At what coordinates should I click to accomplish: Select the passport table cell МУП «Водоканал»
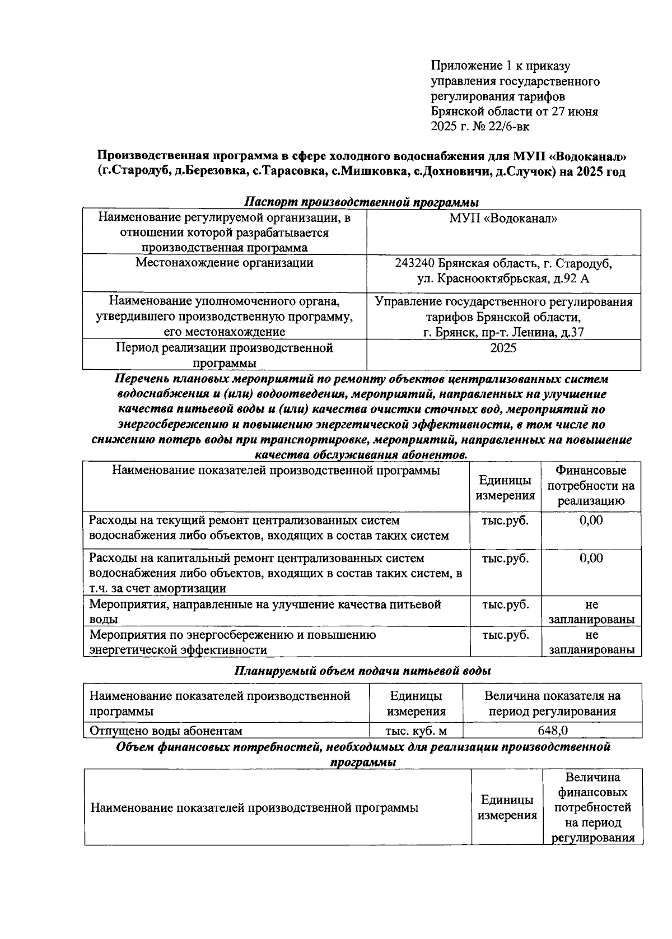click(x=503, y=219)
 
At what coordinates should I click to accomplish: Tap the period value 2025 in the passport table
click(x=503, y=348)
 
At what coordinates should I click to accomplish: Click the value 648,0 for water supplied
click(x=552, y=731)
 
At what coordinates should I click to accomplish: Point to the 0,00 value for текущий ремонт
click(x=591, y=520)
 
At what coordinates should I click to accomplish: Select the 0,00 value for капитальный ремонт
click(x=591, y=559)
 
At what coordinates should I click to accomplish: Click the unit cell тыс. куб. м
click(x=416, y=731)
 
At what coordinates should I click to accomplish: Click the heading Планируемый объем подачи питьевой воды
click(x=362, y=671)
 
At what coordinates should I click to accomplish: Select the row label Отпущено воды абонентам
click(x=166, y=731)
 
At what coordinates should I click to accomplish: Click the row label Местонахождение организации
click(x=224, y=263)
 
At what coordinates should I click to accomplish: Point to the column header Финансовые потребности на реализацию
click(x=591, y=486)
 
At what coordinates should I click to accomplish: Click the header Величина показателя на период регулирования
click(x=552, y=704)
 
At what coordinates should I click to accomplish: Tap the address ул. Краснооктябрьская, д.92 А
click(x=503, y=278)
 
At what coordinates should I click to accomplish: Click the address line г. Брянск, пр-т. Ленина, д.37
click(x=503, y=332)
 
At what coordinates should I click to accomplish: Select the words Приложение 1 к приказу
click(x=500, y=66)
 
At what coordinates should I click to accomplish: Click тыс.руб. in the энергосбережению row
click(x=505, y=635)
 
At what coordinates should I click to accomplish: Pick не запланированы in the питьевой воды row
click(x=591, y=612)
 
